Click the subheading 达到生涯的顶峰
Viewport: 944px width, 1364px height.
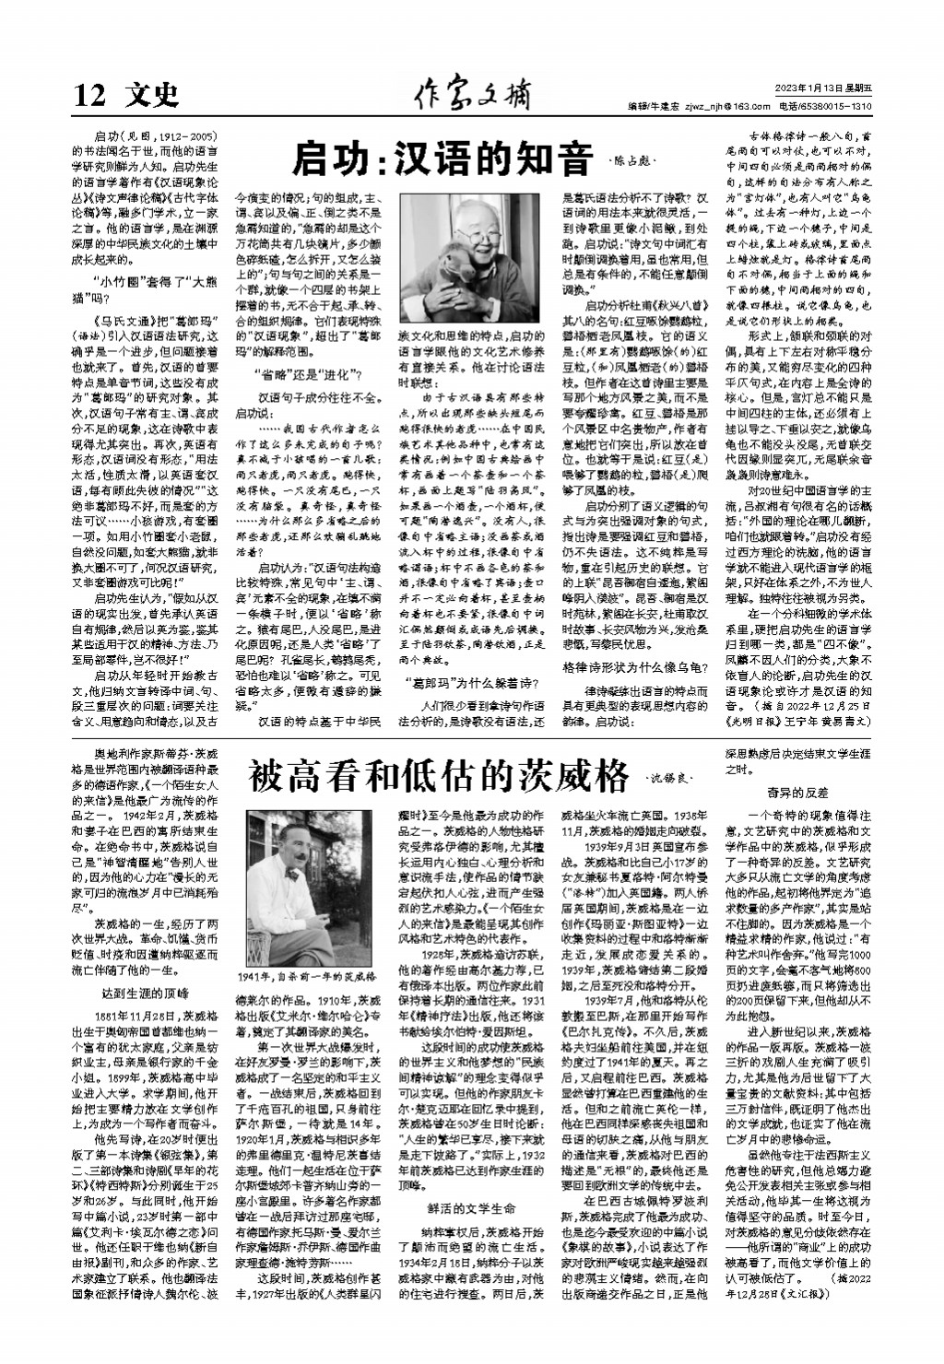145,993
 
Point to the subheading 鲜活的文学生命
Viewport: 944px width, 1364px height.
469,1208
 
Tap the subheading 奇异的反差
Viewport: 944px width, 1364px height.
797,792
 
